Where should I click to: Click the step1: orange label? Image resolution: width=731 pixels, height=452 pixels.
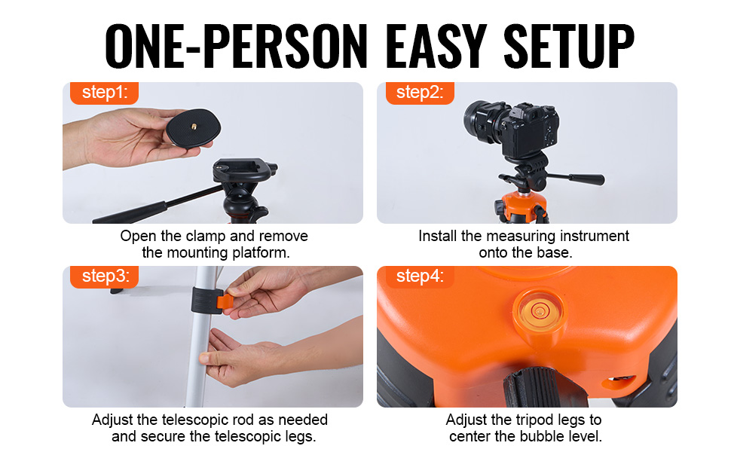104,93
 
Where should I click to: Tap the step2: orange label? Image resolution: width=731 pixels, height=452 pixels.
420,93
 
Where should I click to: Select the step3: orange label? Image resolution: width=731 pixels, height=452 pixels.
104,276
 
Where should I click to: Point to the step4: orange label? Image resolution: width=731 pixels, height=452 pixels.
420,276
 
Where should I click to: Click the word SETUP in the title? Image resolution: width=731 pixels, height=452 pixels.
569,46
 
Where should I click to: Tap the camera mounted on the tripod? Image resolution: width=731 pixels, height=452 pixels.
512,127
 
